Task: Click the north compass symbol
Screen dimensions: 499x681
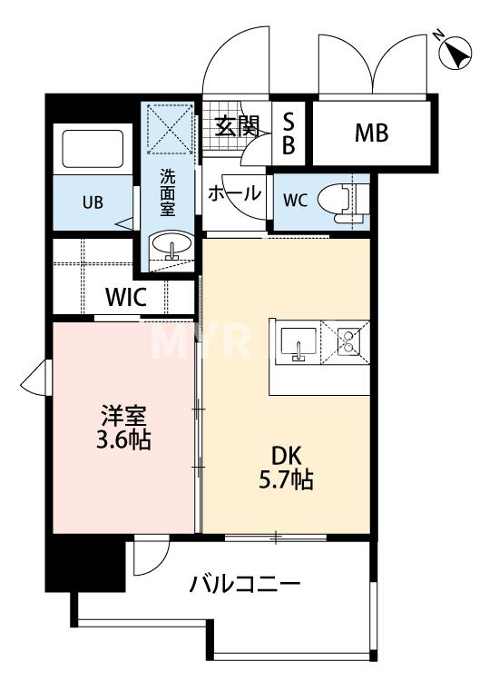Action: pyautogui.click(x=455, y=52)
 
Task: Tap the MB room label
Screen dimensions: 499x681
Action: pyautogui.click(x=371, y=133)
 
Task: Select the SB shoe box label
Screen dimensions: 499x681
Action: pyautogui.click(x=289, y=133)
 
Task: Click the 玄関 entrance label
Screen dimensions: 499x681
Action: pyautogui.click(x=238, y=126)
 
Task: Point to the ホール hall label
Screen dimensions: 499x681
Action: pyautogui.click(x=235, y=193)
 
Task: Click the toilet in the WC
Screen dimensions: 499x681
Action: pyautogui.click(x=343, y=202)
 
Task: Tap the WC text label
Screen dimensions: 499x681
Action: pyautogui.click(x=296, y=201)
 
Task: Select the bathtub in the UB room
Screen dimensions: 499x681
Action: pyautogui.click(x=93, y=149)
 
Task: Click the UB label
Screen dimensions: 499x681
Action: pyautogui.click(x=93, y=202)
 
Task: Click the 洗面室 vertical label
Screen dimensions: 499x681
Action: pyautogui.click(x=168, y=192)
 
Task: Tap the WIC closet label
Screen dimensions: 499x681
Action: pyautogui.click(x=126, y=298)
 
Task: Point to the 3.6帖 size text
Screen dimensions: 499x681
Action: pyautogui.click(x=123, y=440)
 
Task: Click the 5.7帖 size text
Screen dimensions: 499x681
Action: pyautogui.click(x=286, y=480)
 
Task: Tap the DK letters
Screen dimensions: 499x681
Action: pyautogui.click(x=286, y=457)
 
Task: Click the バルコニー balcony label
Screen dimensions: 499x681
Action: pyautogui.click(x=245, y=584)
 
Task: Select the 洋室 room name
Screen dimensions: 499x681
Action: pyautogui.click(x=123, y=416)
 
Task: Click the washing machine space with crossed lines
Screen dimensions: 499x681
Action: pyautogui.click(x=170, y=128)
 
